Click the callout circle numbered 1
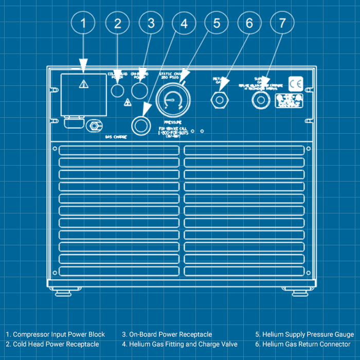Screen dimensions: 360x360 (x=84, y=23)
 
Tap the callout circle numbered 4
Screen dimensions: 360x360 (x=184, y=23)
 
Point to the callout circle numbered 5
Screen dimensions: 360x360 (x=216, y=23)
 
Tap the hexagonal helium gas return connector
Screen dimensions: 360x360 (x=220, y=99)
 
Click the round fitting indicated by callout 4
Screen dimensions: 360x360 (x=140, y=124)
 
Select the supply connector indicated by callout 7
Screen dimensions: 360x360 (x=260, y=99)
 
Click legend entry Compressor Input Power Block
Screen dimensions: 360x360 (x=56, y=334)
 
